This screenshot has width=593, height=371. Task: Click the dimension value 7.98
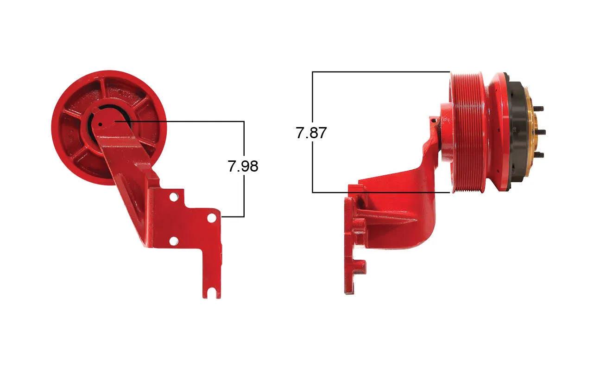(243, 166)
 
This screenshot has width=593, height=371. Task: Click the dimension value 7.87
(311, 133)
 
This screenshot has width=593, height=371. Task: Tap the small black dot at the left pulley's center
(100, 124)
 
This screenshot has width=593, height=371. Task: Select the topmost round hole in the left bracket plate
(173, 197)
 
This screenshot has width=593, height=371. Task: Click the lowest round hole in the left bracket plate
(173, 241)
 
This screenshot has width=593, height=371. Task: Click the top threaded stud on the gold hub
(538, 109)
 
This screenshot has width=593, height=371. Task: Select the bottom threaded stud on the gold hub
(538, 155)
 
